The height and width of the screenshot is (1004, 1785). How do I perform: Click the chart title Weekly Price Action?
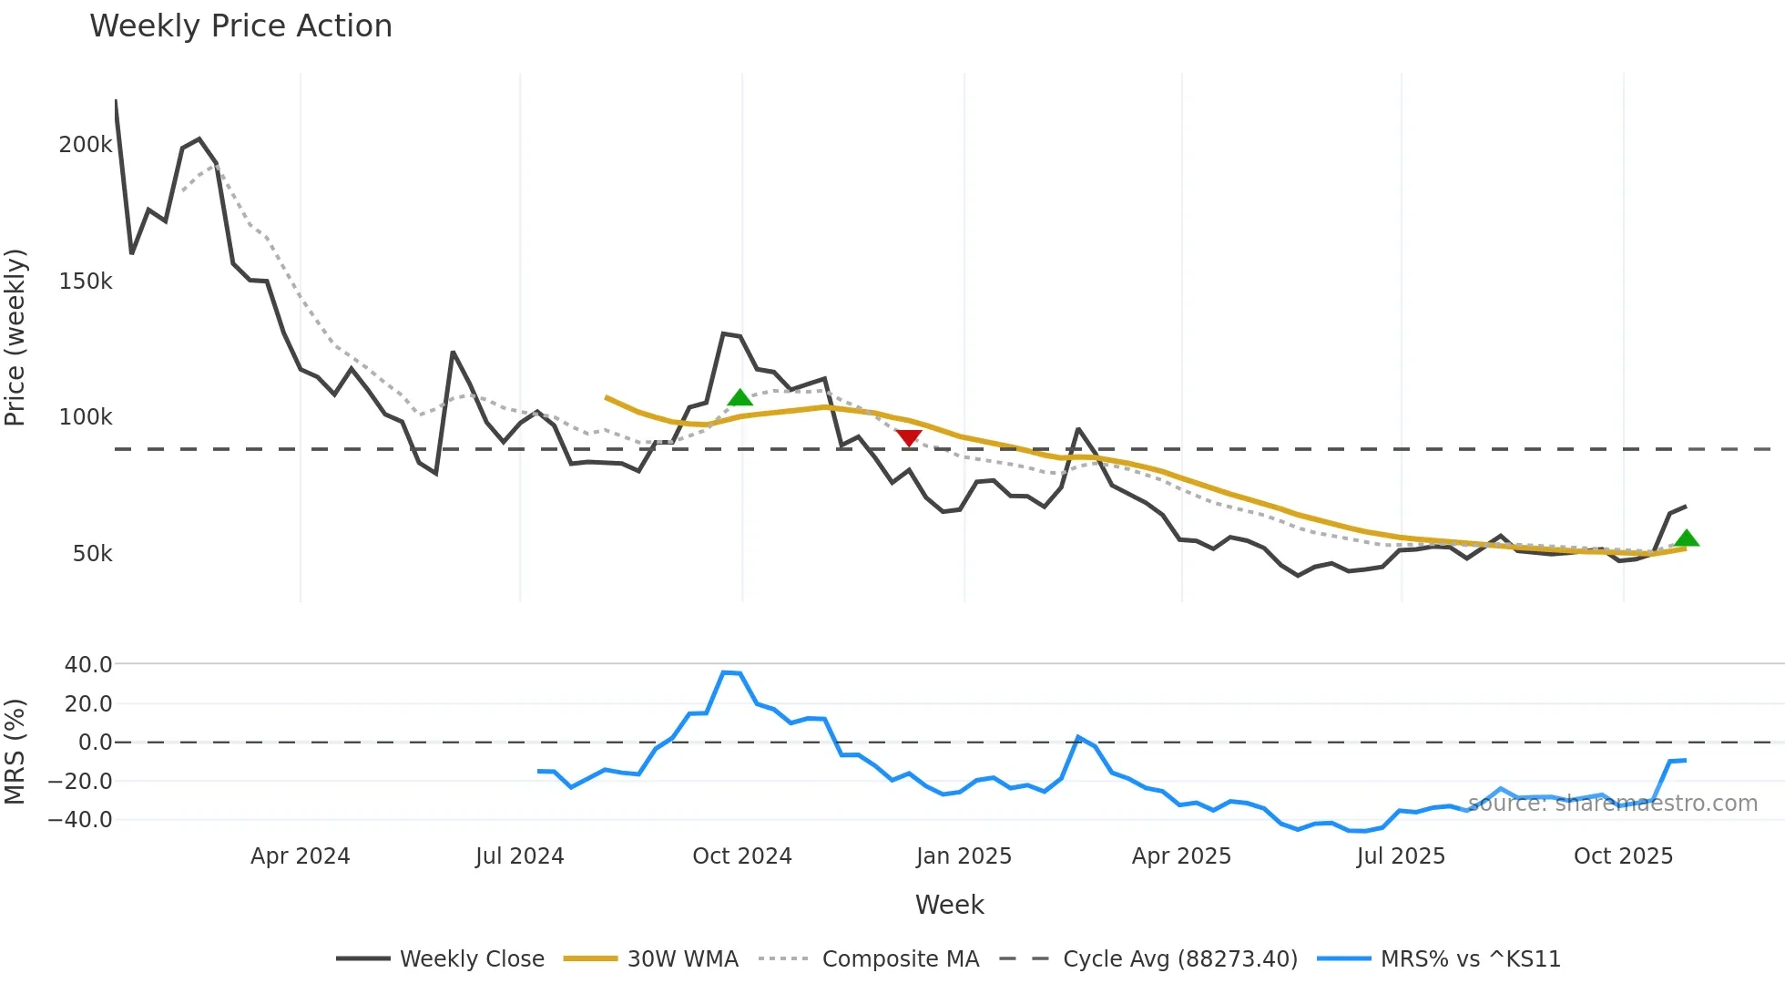(x=240, y=26)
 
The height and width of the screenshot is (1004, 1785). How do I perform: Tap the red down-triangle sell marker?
(x=908, y=438)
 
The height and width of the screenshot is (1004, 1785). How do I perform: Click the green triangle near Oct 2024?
(x=740, y=397)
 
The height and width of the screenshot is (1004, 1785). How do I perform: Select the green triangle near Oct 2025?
(x=1687, y=538)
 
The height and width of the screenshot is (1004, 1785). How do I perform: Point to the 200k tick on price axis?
(x=86, y=145)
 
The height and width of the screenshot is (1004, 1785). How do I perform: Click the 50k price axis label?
(x=92, y=554)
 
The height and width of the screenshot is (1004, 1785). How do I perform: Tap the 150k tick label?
(x=86, y=282)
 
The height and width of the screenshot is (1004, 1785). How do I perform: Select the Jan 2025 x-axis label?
(x=964, y=856)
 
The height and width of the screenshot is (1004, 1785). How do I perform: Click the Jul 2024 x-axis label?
(x=519, y=856)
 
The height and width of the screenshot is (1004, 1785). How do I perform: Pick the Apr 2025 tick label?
(x=1181, y=856)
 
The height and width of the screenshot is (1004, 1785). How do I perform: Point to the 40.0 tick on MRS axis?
(x=88, y=665)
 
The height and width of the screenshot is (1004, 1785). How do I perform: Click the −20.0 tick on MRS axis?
(x=80, y=782)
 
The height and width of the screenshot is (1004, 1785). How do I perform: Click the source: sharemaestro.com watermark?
(x=1612, y=804)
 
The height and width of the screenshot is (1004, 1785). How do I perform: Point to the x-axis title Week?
(x=949, y=905)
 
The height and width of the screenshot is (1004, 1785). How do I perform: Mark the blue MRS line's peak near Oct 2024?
(x=725, y=672)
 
